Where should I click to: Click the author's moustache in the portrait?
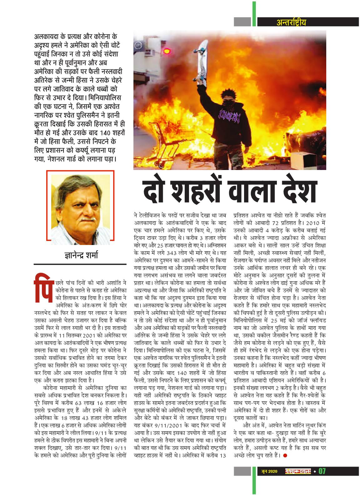[x=82, y=217]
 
